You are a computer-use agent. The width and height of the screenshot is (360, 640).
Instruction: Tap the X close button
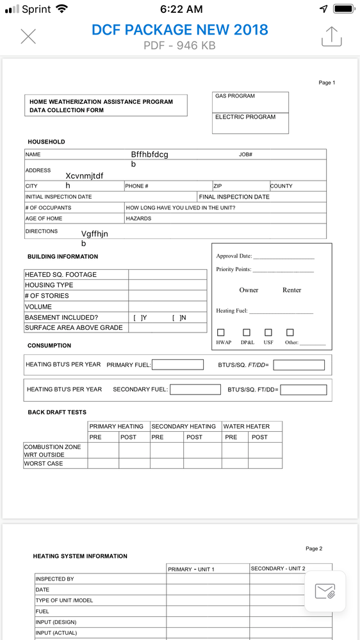28,37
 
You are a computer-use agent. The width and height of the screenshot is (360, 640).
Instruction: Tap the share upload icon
331,37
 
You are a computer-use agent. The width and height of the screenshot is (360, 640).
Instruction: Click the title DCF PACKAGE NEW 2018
179,29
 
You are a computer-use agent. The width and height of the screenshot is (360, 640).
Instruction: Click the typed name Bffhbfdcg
149,154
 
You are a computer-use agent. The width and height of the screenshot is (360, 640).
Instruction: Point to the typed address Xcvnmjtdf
84,176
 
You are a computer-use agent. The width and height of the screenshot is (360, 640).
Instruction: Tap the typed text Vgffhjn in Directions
94,234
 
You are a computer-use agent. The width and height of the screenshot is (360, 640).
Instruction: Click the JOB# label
245,155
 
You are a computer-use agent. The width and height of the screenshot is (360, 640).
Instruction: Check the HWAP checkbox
221,332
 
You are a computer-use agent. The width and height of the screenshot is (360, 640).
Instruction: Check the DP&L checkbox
247,332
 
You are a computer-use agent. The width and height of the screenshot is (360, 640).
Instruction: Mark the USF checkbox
268,332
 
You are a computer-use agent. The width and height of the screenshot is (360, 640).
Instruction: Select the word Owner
249,290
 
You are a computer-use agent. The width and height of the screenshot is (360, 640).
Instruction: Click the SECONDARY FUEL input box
195,390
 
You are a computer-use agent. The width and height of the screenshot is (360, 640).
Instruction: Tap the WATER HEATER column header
247,427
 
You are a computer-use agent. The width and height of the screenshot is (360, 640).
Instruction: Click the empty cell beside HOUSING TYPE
167,285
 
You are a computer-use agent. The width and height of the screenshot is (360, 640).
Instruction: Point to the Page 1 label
327,83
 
